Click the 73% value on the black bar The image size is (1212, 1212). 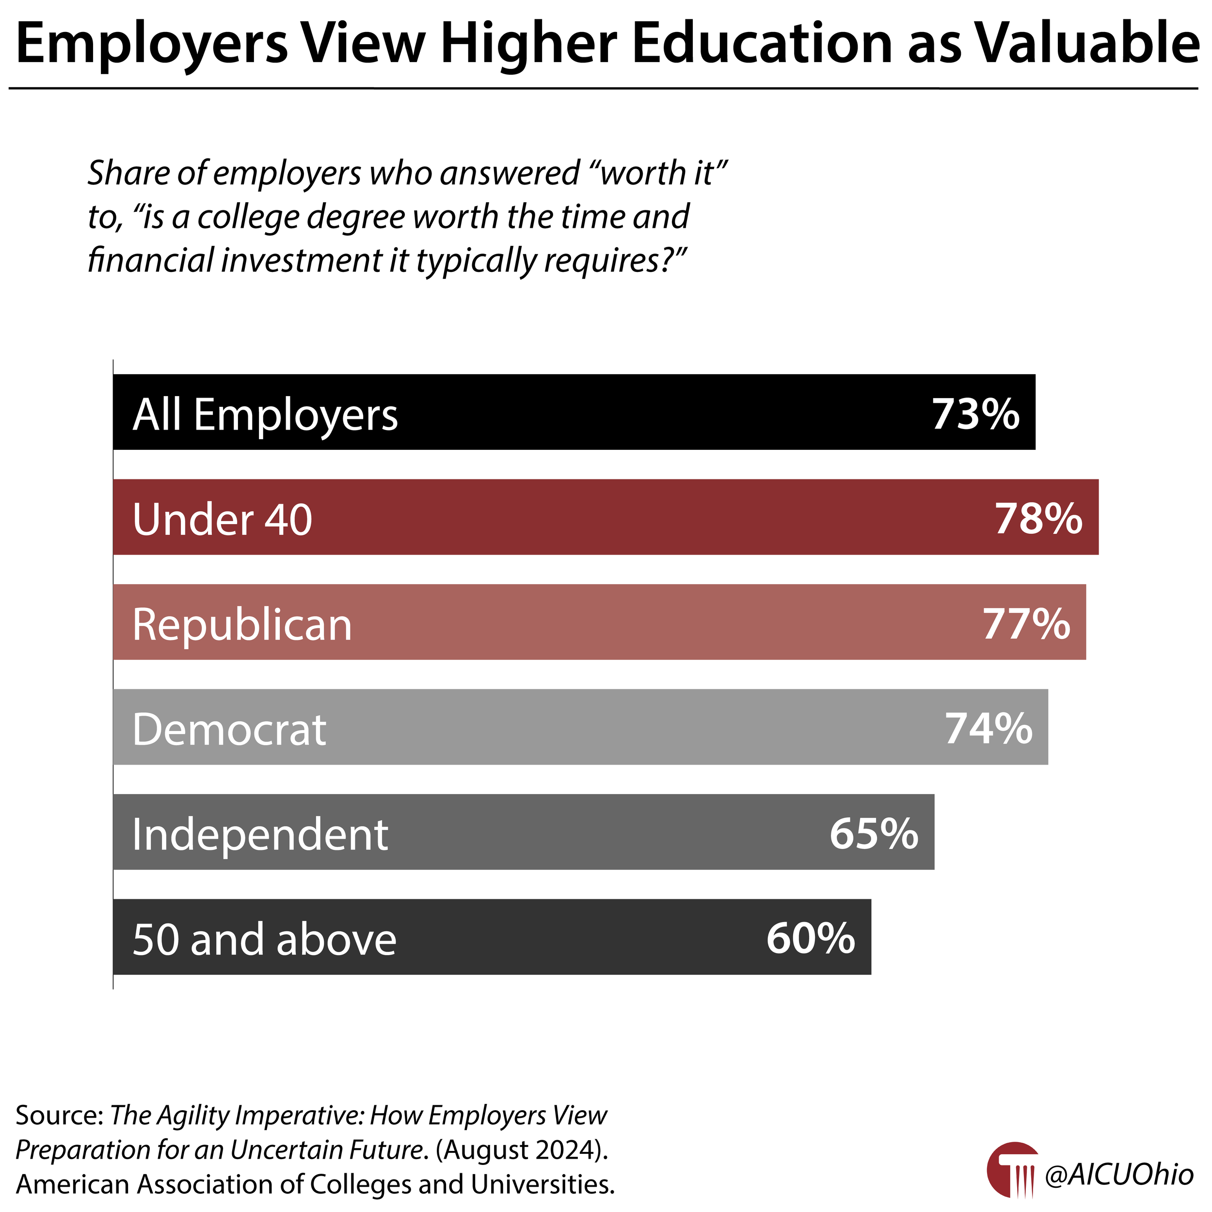975,415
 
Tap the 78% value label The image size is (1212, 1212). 1038,519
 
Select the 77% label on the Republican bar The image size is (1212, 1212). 1026,624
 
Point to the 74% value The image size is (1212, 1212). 988,729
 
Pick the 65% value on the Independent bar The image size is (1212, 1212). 874,834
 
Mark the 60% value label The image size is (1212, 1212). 811,939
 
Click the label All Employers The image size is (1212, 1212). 265,415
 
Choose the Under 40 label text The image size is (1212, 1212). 222,520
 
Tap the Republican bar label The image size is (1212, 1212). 242,625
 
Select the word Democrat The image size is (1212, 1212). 229,730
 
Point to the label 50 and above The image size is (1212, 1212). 264,940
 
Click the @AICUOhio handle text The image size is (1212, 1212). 1118,1174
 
